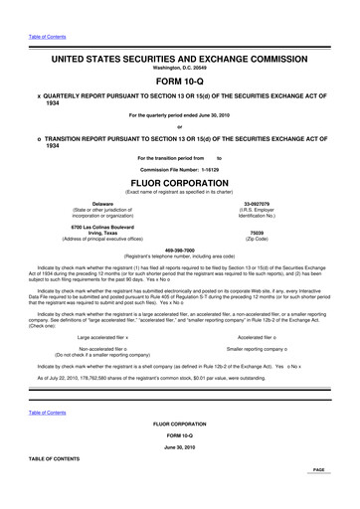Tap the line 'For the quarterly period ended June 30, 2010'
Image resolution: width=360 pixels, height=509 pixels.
point(180,114)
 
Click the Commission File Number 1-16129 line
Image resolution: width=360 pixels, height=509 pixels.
point(180,168)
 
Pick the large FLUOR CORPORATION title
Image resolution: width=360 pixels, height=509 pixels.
point(180,182)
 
